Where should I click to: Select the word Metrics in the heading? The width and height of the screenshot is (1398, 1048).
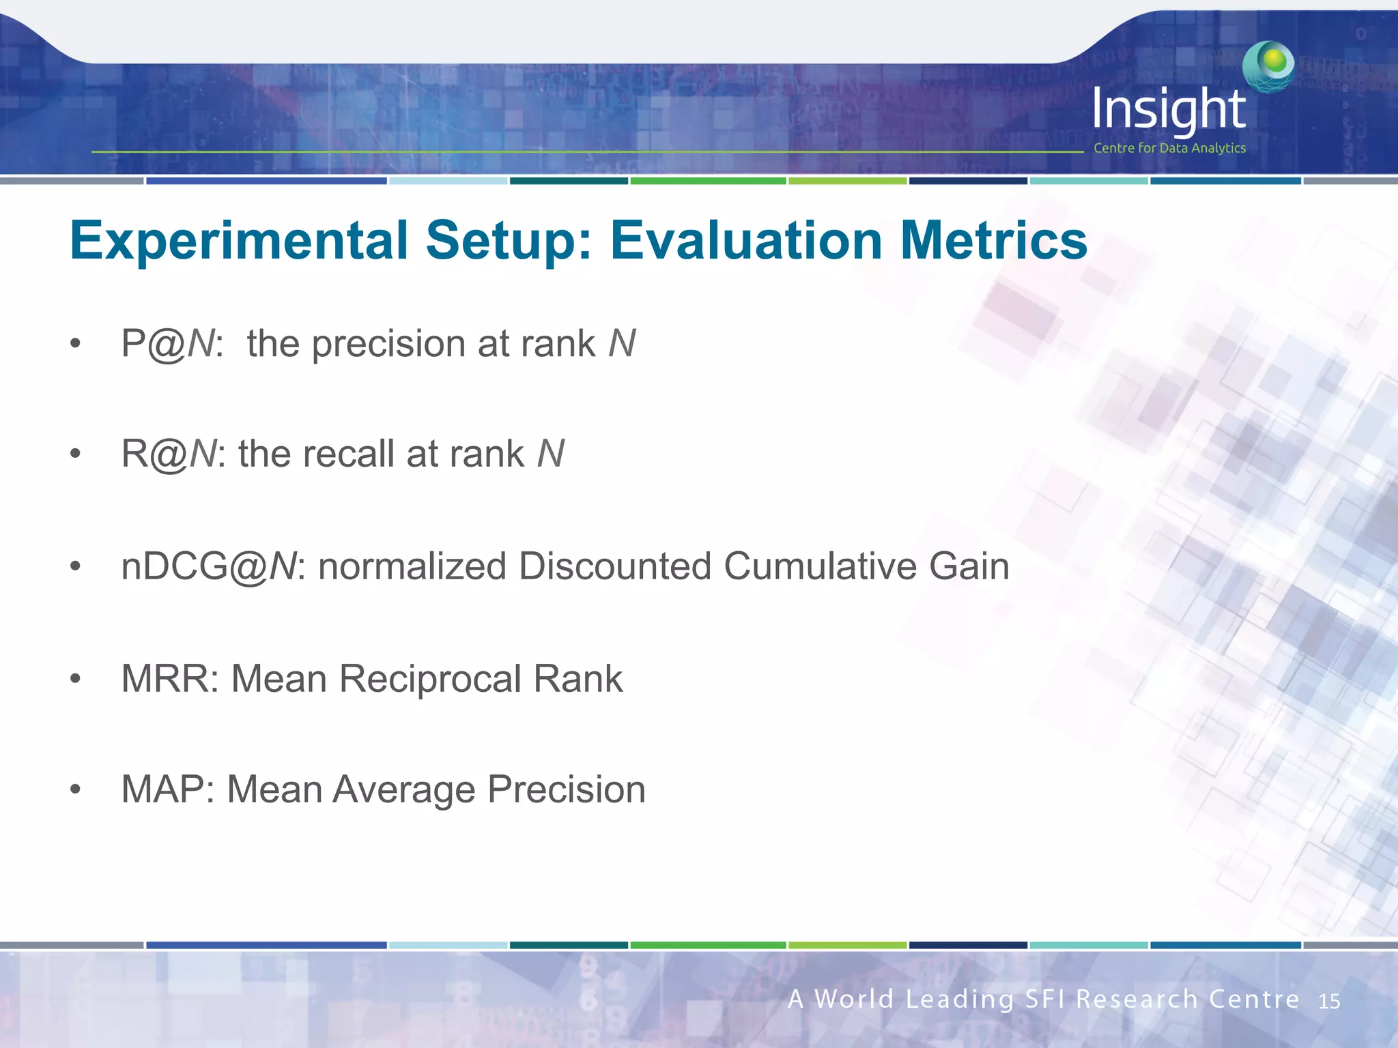pyautogui.click(x=993, y=241)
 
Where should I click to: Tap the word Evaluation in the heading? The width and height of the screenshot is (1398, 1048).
pyautogui.click(x=746, y=241)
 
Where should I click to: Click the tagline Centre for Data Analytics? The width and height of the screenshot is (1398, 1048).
pyautogui.click(x=1169, y=148)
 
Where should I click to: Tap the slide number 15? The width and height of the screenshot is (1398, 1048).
pyautogui.click(x=1328, y=1002)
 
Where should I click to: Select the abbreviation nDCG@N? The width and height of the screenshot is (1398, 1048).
pyautogui.click(x=209, y=566)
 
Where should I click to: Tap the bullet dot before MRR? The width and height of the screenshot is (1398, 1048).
pyautogui.click(x=75, y=680)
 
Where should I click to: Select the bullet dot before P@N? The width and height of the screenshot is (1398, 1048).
pyautogui.click(x=75, y=344)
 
